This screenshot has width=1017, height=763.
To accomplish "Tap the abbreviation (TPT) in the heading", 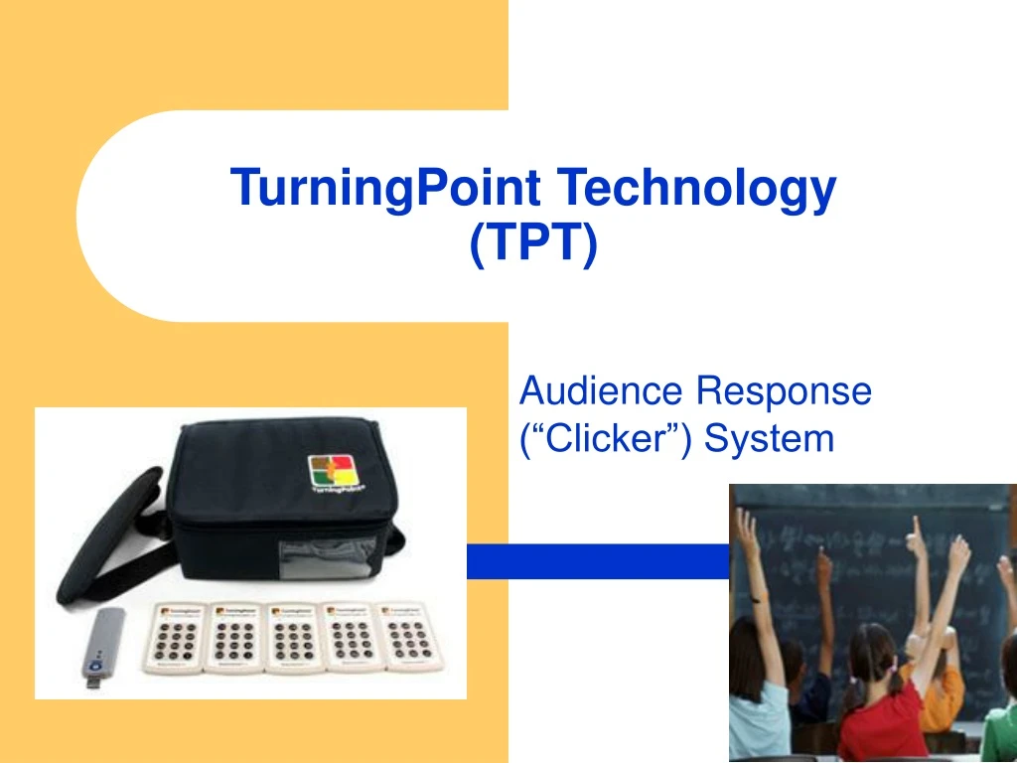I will pos(533,243).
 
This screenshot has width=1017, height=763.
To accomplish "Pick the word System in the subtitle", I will pos(770,437).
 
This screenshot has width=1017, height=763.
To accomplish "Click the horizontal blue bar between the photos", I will pos(596,561).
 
